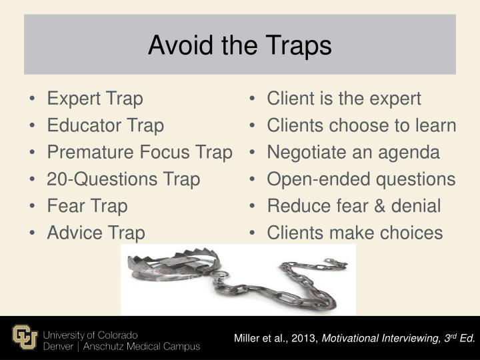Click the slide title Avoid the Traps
tap(239, 45)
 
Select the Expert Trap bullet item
tap(95, 99)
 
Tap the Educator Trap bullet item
tap(105, 125)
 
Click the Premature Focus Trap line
tap(139, 153)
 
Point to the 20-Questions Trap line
tap(123, 179)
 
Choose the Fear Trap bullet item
tap(87, 206)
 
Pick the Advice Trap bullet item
tap(95, 233)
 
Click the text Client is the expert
tap(344, 99)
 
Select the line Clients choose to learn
tap(361, 125)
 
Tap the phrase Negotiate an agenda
tap(353, 153)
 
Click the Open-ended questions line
tap(361, 179)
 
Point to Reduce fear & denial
tap(353, 206)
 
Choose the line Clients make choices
tap(355, 233)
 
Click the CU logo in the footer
tap(25, 338)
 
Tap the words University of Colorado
tap(91, 333)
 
